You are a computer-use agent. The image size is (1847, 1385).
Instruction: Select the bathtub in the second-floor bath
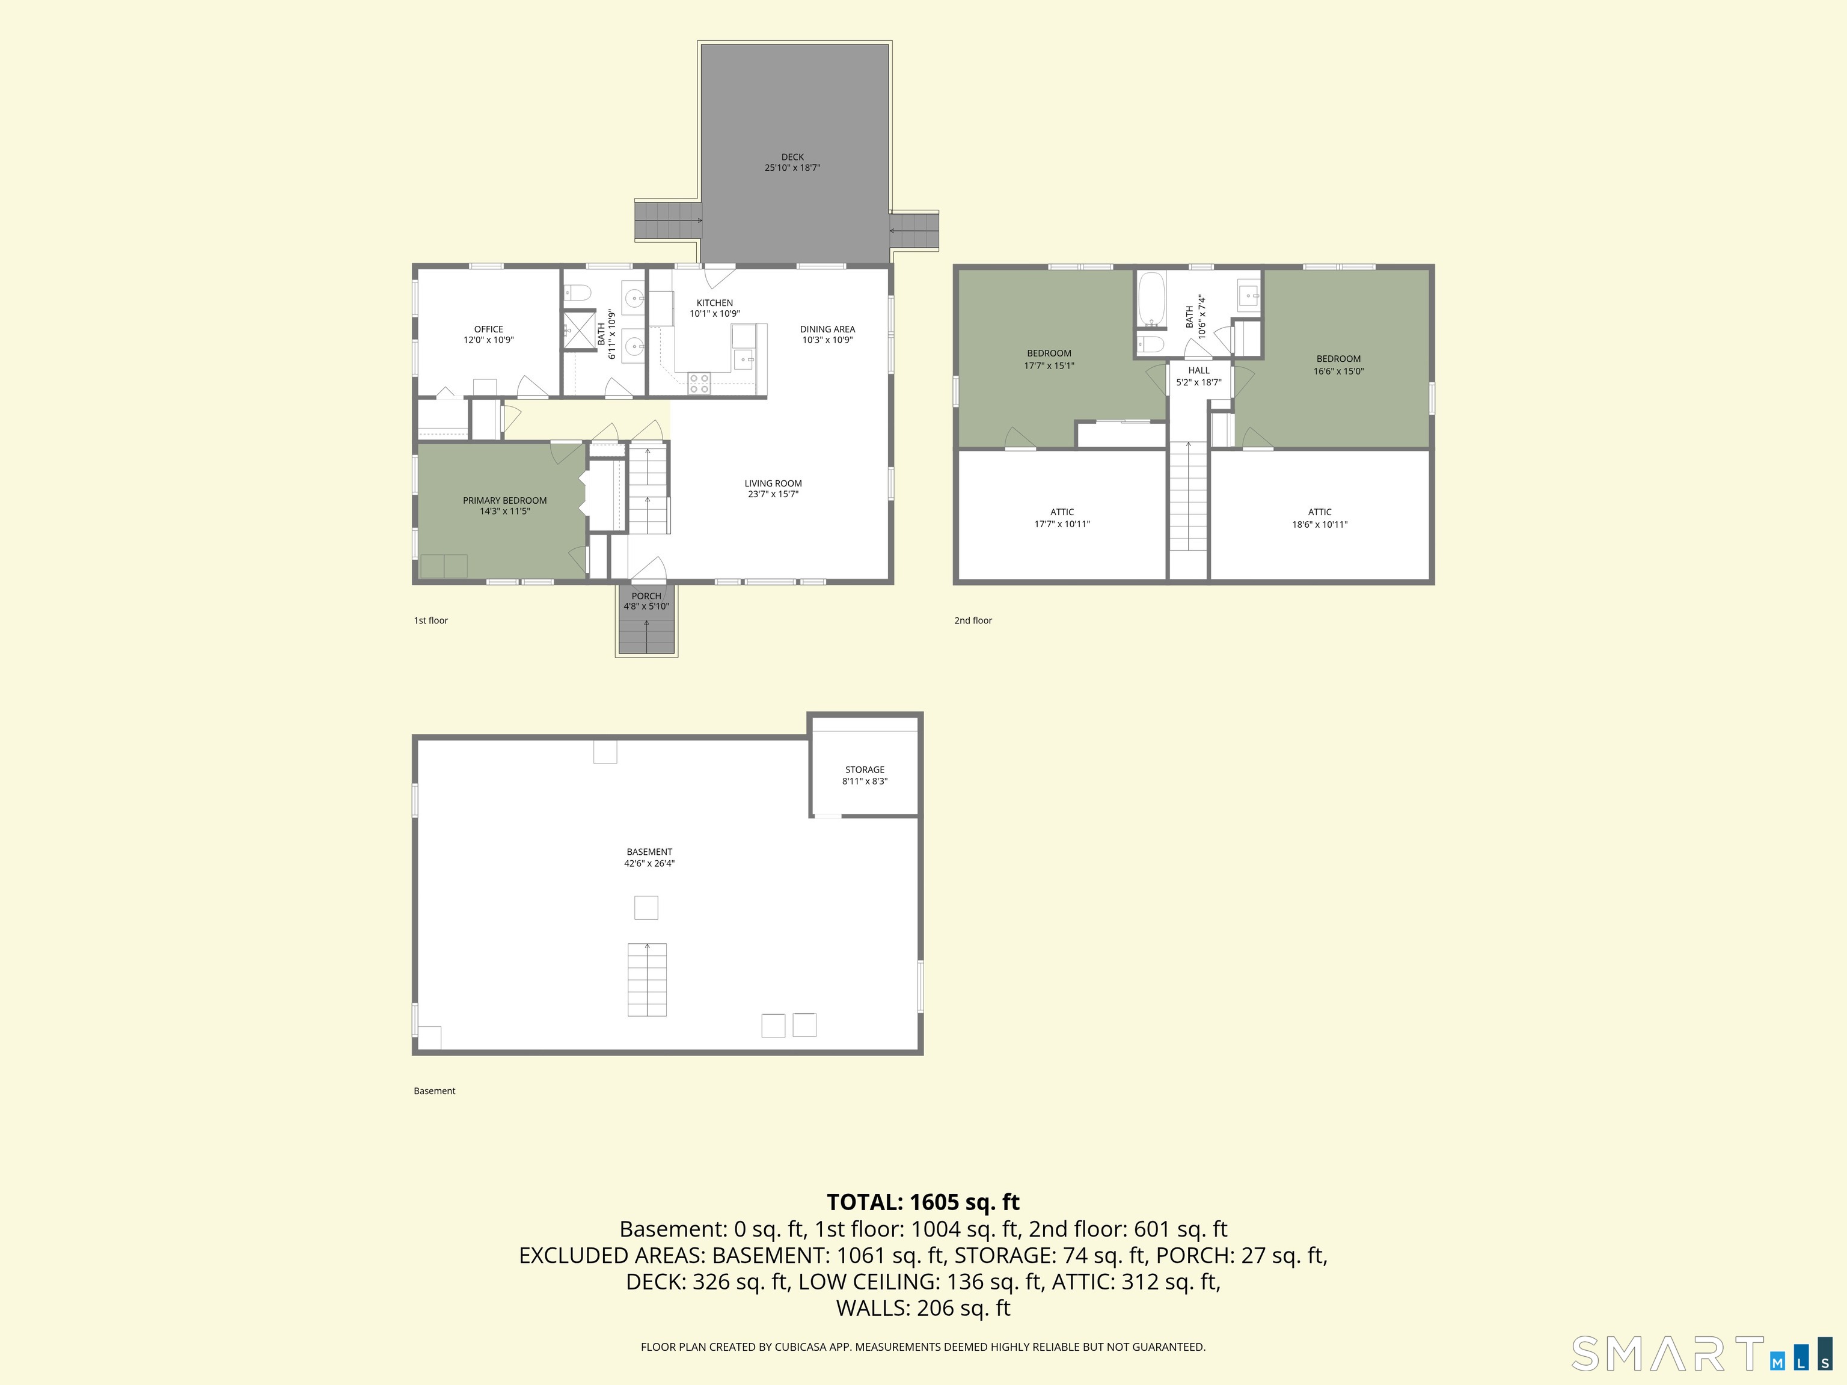tap(1151, 299)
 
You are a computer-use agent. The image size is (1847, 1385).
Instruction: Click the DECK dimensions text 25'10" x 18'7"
tap(792, 168)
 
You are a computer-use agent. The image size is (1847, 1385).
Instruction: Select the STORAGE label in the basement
tap(864, 769)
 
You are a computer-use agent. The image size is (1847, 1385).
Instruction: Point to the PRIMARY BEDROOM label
tap(505, 501)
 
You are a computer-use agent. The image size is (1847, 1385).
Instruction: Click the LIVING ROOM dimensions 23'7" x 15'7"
tap(773, 494)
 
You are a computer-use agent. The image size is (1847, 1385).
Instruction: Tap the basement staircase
tap(647, 979)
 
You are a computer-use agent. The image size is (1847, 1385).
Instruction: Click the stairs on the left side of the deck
tap(669, 221)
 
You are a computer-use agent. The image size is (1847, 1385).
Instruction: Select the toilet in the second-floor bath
tap(1151, 344)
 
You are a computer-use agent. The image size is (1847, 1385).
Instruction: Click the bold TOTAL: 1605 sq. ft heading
tap(923, 1202)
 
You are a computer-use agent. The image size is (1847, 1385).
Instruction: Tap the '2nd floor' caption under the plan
tap(973, 620)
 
